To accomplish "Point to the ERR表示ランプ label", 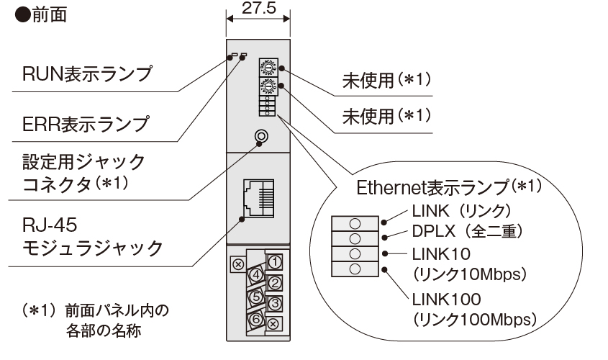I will [x=86, y=123].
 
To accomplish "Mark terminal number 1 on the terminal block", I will [x=274, y=260].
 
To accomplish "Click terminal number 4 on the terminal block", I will [x=254, y=274].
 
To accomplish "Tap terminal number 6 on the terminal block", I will [x=254, y=316].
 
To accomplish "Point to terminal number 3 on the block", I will [x=274, y=303].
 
